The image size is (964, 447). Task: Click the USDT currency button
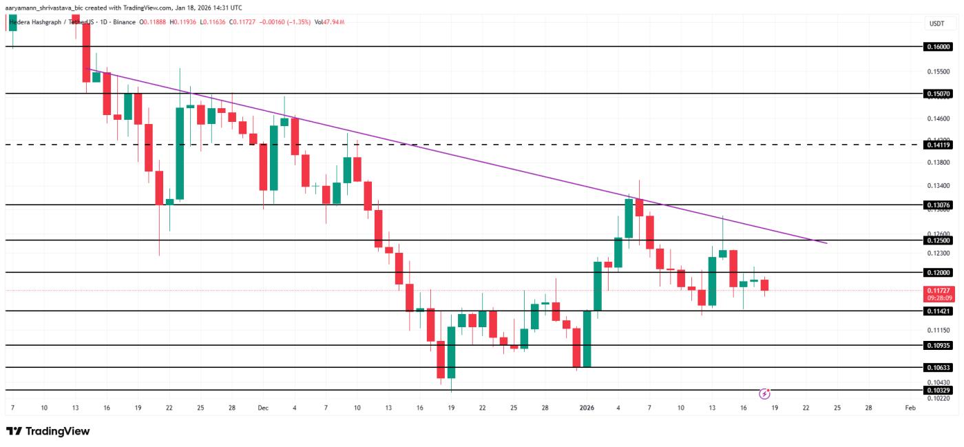pyautogui.click(x=936, y=23)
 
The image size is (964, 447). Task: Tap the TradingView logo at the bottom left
pyautogui.click(x=48, y=431)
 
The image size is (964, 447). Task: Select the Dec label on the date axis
pyautogui.click(x=262, y=408)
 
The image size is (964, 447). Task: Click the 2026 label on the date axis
pyautogui.click(x=587, y=408)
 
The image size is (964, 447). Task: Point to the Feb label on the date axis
pyautogui.click(x=910, y=408)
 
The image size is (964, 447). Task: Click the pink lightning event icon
pyautogui.click(x=764, y=394)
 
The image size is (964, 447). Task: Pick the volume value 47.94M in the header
pyautogui.click(x=333, y=22)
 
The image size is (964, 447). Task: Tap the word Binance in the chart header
pyautogui.click(x=125, y=22)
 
